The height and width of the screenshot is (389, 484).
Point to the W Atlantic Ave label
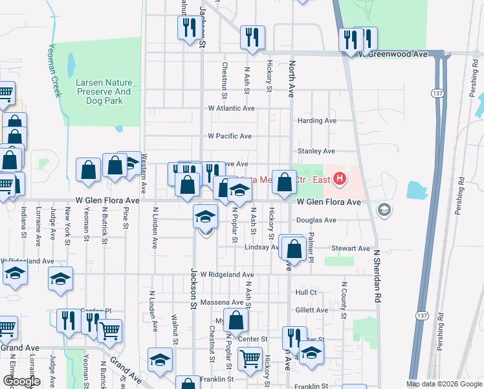pos(231,108)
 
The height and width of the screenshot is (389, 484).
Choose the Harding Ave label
pos(316,121)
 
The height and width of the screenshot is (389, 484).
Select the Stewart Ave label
pos(350,248)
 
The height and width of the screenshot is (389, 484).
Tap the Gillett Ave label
pos(312,310)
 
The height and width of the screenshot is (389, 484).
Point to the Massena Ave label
pos(225,303)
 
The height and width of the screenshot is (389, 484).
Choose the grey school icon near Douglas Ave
pos(384,209)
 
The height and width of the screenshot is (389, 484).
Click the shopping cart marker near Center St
pos(250,358)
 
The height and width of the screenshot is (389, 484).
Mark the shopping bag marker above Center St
pos(237,319)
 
